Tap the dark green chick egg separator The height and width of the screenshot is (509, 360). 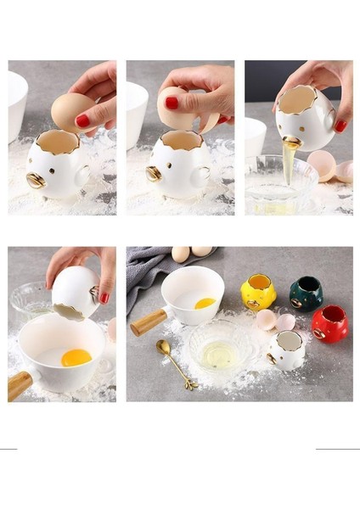click(x=305, y=294)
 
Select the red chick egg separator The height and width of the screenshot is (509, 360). click(x=329, y=324)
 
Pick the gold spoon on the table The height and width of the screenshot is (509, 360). click(x=174, y=363)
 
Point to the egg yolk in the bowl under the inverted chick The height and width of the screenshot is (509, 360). click(x=76, y=357)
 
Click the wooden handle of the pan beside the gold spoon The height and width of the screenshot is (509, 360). click(x=149, y=322)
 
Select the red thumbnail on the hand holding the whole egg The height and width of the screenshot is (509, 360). click(x=82, y=120)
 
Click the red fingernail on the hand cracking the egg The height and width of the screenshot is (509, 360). click(x=172, y=103)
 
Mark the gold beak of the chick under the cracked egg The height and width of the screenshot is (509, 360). click(x=155, y=174)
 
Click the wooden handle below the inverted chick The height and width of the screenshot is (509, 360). click(x=20, y=384)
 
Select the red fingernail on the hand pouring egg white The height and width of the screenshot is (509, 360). click(x=340, y=126)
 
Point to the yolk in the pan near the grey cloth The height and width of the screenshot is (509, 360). click(x=205, y=303)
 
